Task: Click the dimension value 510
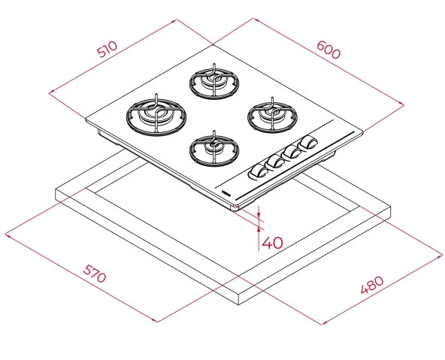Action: point(107,50)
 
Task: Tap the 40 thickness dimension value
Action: point(273,243)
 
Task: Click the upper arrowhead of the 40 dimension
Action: point(259,213)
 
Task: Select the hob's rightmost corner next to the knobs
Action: point(365,132)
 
